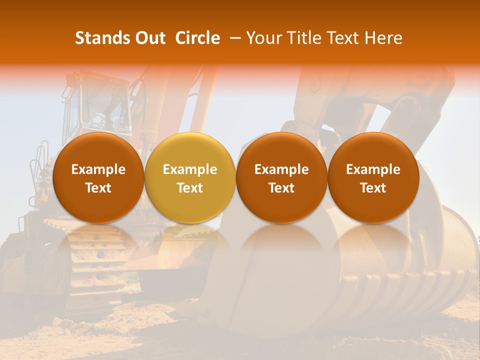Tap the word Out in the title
coord(148,38)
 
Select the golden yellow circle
coord(190,177)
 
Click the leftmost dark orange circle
coord(98,177)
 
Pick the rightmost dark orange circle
coord(373,177)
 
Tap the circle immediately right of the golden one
coord(281,177)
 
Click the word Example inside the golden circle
coord(190,169)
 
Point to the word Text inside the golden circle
coord(190,188)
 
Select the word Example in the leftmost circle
coord(98,169)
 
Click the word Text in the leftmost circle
coord(98,188)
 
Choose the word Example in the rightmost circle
coord(373,169)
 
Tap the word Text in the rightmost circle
coord(373,188)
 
